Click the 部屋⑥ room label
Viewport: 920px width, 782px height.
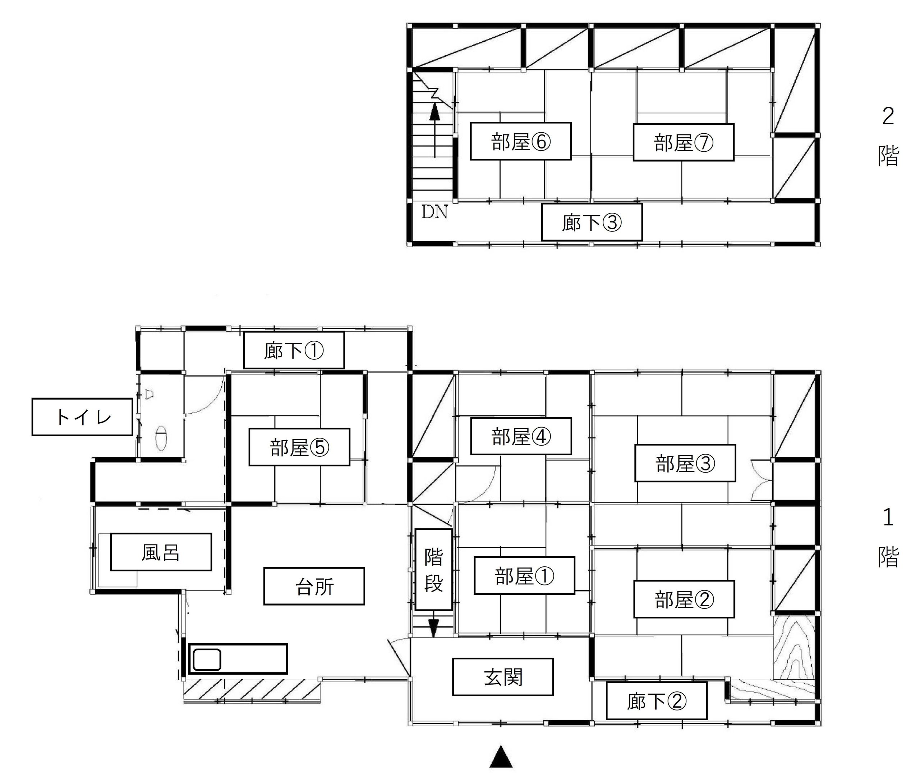click(x=520, y=141)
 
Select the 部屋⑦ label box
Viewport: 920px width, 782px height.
click(x=683, y=142)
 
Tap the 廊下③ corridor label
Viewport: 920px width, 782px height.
click(x=592, y=222)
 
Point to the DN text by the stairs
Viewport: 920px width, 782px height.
click(x=434, y=212)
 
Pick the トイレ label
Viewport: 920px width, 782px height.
click(x=82, y=417)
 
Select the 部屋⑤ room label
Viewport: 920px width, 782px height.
click(x=299, y=447)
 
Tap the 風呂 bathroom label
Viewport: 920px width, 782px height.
click(x=161, y=552)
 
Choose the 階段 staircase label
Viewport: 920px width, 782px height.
click(x=434, y=569)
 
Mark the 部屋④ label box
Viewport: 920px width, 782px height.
click(x=521, y=436)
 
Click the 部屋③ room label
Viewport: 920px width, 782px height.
click(x=685, y=463)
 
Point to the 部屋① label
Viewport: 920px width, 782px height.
click(x=525, y=575)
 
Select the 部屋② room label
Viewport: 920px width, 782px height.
click(x=684, y=599)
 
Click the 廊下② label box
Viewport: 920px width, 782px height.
click(x=657, y=701)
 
